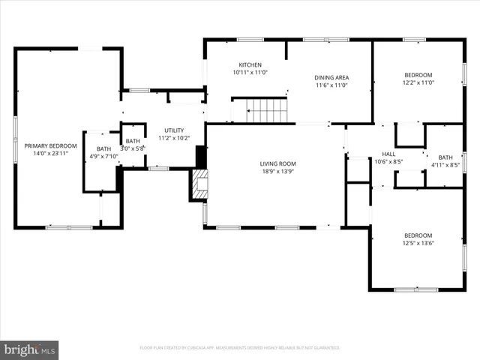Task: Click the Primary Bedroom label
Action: pyautogui.click(x=50, y=145)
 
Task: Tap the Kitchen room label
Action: pyautogui.click(x=250, y=64)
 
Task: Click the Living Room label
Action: pyautogui.click(x=278, y=163)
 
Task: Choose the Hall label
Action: pyautogui.click(x=388, y=154)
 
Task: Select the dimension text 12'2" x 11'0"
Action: pyautogui.click(x=418, y=83)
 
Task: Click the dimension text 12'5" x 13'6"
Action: pyautogui.click(x=418, y=242)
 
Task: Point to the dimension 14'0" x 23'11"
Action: pyautogui.click(x=50, y=153)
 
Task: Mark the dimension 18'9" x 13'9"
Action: pyautogui.click(x=278, y=171)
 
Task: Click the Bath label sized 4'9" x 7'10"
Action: pyautogui.click(x=103, y=149)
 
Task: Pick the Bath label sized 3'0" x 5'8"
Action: pyautogui.click(x=133, y=141)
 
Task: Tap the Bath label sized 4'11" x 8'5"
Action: pyautogui.click(x=445, y=157)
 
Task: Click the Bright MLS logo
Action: pyautogui.click(x=30, y=349)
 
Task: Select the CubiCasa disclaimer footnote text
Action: pyautogui.click(x=240, y=348)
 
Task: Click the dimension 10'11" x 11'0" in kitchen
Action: pyautogui.click(x=250, y=72)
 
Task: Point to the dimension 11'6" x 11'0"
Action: pyautogui.click(x=331, y=85)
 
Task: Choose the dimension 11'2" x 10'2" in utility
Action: pyautogui.click(x=173, y=138)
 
